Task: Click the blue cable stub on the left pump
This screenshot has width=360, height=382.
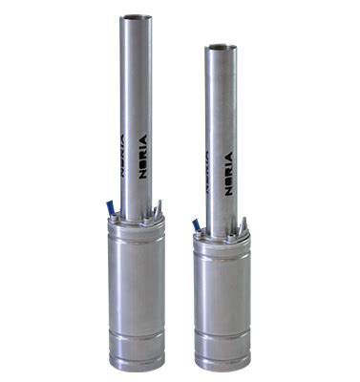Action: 110,207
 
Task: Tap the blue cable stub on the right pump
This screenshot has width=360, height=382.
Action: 195,225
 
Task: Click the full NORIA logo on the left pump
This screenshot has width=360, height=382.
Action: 143,157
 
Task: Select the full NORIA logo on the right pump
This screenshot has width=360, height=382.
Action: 228,174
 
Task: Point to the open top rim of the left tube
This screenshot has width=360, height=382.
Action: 136,17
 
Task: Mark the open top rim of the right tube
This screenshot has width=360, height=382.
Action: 221,48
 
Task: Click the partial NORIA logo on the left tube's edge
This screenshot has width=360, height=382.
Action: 122,156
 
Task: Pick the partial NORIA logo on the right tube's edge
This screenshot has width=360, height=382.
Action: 207,173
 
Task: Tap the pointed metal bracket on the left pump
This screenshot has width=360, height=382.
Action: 159,208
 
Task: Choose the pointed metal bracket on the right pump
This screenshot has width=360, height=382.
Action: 244,225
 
